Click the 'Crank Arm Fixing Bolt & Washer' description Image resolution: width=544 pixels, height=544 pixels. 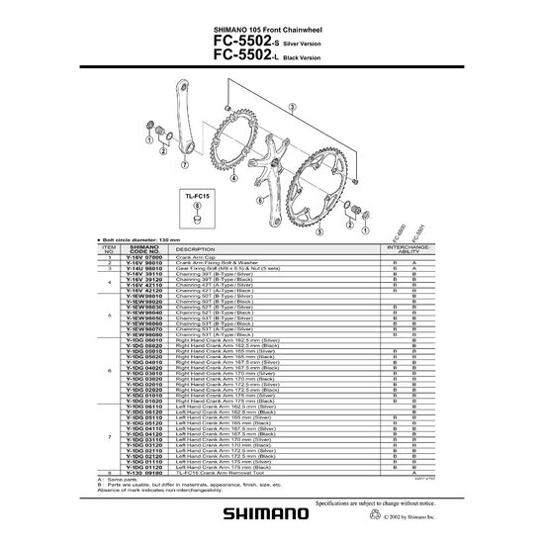[x=216, y=264]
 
